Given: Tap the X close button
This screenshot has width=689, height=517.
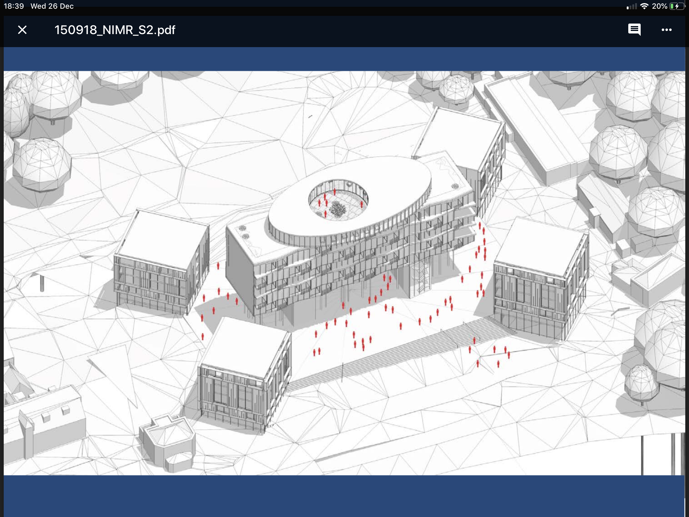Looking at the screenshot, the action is [22, 30].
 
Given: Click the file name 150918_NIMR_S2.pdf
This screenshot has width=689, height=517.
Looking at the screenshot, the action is [115, 30].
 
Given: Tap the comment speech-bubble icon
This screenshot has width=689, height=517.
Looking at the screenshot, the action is [634, 30].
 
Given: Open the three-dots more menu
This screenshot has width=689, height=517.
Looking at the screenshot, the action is [667, 30].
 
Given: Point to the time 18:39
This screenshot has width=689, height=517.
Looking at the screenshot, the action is [14, 6].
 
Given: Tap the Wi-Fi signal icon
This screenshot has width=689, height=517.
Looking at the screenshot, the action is [644, 6].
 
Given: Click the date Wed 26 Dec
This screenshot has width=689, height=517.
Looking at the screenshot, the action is [52, 6].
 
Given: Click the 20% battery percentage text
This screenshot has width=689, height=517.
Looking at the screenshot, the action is [659, 6].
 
